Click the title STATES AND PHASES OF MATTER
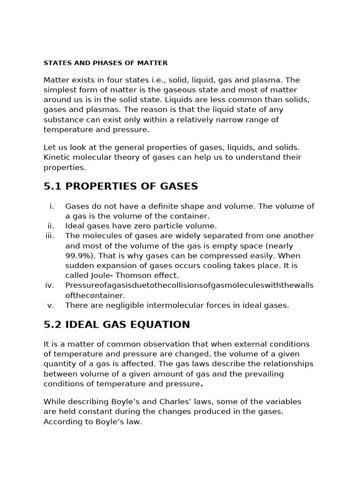coord(105,62)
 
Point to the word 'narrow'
coord(225,120)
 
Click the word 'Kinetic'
coord(56,157)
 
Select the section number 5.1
coord(53,187)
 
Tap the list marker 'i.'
coord(52,206)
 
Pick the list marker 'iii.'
coord(50,236)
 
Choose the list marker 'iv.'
coord(50,285)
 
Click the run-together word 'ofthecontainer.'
coord(95,295)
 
